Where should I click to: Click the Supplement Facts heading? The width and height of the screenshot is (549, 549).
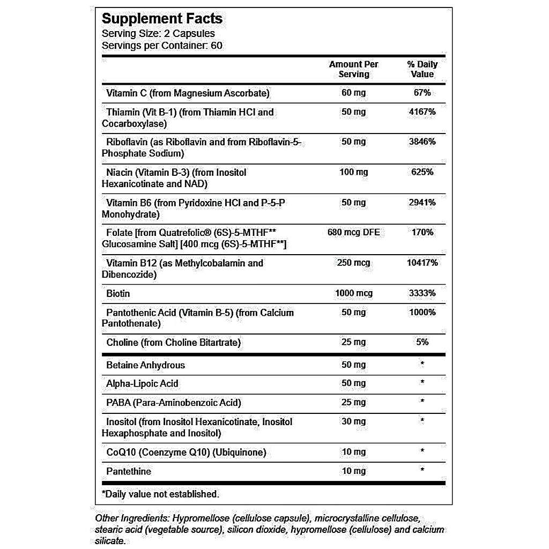click(162, 19)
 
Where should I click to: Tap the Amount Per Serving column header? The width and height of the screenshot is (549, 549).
click(353, 69)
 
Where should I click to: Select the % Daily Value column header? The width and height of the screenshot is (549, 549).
click(422, 69)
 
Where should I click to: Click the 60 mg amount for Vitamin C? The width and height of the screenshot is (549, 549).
click(353, 93)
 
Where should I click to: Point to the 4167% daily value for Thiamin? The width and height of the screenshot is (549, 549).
click(422, 112)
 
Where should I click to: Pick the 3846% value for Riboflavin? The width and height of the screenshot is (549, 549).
click(422, 142)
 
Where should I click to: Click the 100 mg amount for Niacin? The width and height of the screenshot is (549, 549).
click(353, 173)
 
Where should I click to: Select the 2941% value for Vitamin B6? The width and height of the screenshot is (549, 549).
click(422, 203)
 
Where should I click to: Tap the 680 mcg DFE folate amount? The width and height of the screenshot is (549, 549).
click(353, 233)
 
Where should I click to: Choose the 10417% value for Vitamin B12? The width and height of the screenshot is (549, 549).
click(422, 263)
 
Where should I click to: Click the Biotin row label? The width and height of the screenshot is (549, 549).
click(118, 294)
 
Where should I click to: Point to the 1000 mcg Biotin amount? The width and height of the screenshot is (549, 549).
click(353, 293)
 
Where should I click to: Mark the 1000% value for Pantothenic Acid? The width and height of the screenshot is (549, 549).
click(422, 313)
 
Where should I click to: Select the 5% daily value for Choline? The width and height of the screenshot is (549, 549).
click(422, 343)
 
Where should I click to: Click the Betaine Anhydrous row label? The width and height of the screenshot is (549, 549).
click(145, 365)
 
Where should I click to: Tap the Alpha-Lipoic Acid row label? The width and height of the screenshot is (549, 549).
click(142, 384)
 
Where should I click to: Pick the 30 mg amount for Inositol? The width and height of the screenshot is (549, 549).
click(353, 422)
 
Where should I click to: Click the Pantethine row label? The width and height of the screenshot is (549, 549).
click(129, 471)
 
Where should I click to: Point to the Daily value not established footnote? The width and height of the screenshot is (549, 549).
click(160, 494)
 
